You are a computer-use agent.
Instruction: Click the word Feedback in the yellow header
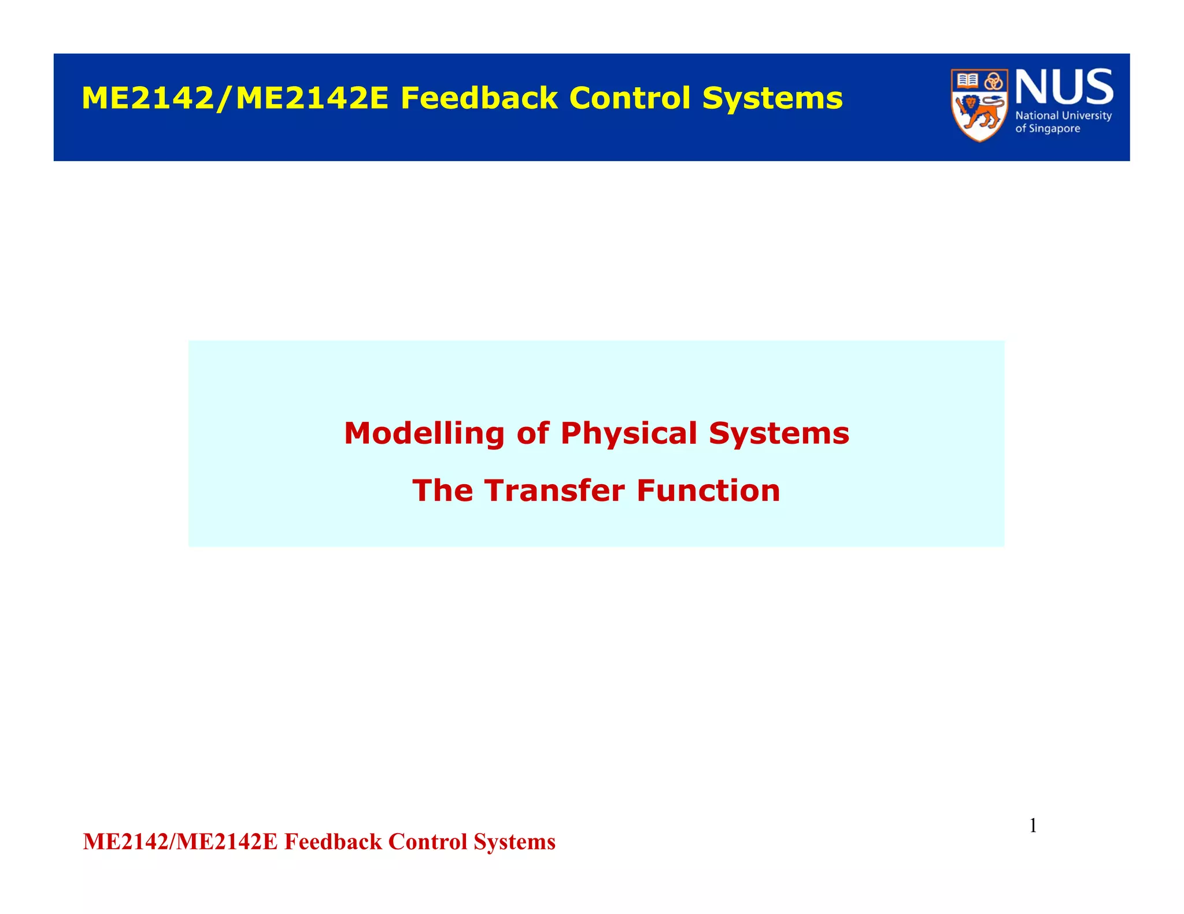click(479, 98)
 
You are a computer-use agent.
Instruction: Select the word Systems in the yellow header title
click(772, 99)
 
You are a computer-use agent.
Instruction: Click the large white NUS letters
click(1064, 87)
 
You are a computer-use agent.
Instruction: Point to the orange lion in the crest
click(979, 113)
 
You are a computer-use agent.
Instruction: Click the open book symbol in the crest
click(967, 80)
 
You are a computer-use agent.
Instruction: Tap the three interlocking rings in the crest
click(994, 81)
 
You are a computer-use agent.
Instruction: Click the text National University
click(1063, 116)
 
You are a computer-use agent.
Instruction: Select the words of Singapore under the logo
click(1048, 129)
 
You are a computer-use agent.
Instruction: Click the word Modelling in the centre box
click(424, 433)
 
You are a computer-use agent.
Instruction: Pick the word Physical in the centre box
click(628, 434)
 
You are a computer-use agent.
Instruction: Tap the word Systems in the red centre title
click(779, 434)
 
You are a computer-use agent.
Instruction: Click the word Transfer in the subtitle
click(554, 491)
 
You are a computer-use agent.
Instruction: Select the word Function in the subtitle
click(708, 491)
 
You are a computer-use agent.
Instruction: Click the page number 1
click(1033, 826)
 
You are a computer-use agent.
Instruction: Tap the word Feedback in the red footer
click(333, 842)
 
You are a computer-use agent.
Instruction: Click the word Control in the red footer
click(427, 842)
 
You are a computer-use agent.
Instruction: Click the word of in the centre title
click(532, 433)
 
